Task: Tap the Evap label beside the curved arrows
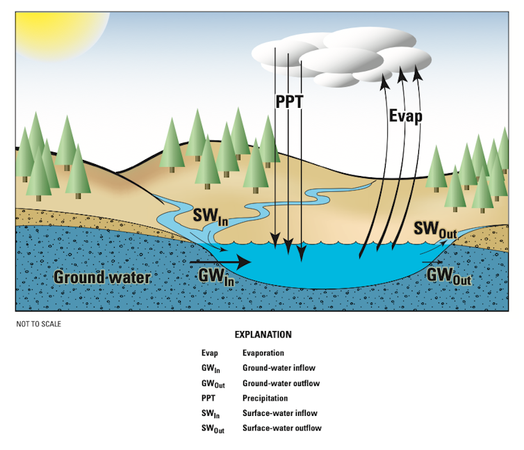tap(405, 115)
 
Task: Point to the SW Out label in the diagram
tap(435, 229)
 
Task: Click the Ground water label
tap(102, 277)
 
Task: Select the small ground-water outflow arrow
tap(432, 264)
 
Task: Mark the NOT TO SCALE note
tap(39, 323)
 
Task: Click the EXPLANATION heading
tap(263, 335)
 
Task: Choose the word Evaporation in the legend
tap(263, 353)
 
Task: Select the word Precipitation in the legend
tap(265, 399)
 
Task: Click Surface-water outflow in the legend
tap(281, 428)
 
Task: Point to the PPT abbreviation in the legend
tap(208, 399)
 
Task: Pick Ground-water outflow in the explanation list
tap(281, 383)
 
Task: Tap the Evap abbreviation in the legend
tap(208, 353)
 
